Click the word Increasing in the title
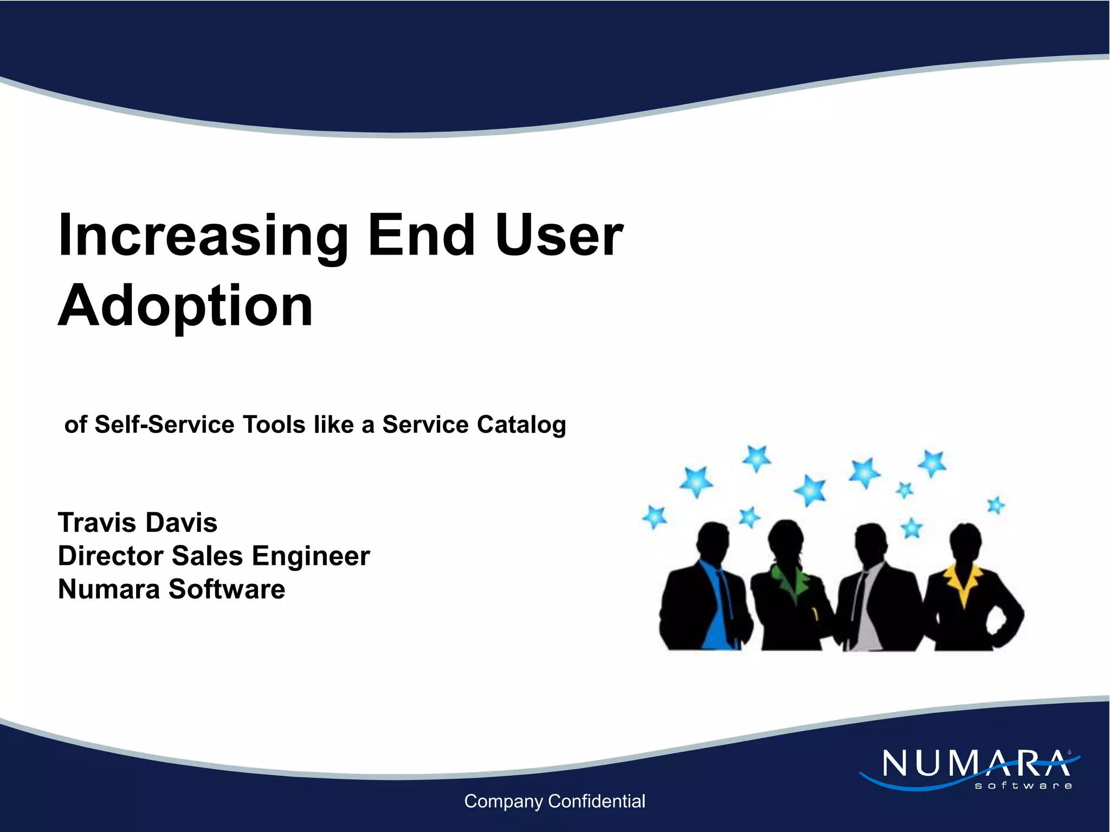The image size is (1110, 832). coord(203,236)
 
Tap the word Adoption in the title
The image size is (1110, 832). coord(185,305)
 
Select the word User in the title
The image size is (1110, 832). coord(559,235)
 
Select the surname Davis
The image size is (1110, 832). coord(181,523)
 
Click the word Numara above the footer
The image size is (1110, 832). coord(108,589)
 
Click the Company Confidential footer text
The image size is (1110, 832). coord(554,801)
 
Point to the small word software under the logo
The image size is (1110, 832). coord(1023,785)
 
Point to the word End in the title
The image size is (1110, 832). coord(422,235)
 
